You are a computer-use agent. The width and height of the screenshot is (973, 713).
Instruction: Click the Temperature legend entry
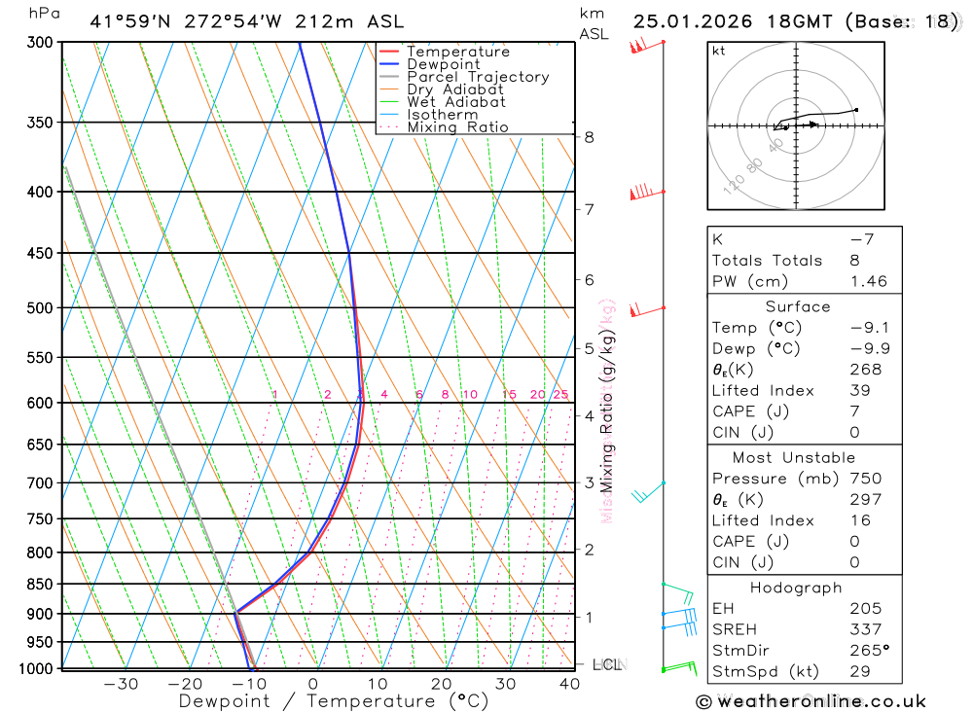pyautogui.click(x=457, y=52)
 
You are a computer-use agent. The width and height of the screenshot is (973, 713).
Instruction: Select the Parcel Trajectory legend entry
pyautogui.click(x=478, y=77)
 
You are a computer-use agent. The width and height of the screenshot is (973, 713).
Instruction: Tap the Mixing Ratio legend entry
pyautogui.click(x=457, y=127)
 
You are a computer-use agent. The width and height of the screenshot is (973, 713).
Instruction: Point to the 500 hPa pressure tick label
pyautogui.click(x=38, y=308)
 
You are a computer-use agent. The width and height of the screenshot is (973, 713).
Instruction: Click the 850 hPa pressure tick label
pyautogui.click(x=38, y=585)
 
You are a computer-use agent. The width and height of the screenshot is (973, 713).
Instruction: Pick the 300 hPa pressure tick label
pyautogui.click(x=38, y=43)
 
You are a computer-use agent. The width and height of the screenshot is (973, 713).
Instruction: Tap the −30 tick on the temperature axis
pyautogui.click(x=121, y=684)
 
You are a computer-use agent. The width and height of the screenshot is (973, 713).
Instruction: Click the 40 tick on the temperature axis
pyautogui.click(x=570, y=684)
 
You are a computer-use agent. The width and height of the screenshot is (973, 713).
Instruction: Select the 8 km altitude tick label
pyautogui.click(x=590, y=137)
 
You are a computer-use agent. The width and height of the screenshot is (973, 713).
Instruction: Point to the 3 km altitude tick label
pyautogui.click(x=590, y=482)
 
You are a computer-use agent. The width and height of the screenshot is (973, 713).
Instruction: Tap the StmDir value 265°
pyautogui.click(x=869, y=651)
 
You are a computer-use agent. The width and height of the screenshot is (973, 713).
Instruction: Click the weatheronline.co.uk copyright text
pyautogui.click(x=811, y=701)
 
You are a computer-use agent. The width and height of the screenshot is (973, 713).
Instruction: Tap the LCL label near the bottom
pyautogui.click(x=607, y=665)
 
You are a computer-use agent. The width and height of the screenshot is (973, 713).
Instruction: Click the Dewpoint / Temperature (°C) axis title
pyautogui.click(x=334, y=701)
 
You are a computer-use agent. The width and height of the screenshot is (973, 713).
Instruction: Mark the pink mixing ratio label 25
pyautogui.click(x=560, y=394)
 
